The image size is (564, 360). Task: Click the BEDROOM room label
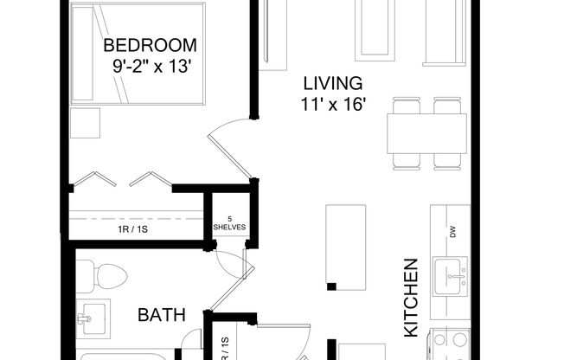[x=150, y=45]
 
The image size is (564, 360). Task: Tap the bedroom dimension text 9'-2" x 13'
[x=150, y=64]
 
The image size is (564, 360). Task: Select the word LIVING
[x=331, y=84]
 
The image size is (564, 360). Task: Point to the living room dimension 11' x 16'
[x=331, y=104]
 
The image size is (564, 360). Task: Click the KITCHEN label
[x=412, y=297]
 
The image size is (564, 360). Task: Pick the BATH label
[x=162, y=315]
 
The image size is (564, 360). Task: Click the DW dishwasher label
[x=452, y=231]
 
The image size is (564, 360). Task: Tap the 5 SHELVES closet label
[x=229, y=223]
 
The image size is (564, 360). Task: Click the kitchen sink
[x=450, y=274]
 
